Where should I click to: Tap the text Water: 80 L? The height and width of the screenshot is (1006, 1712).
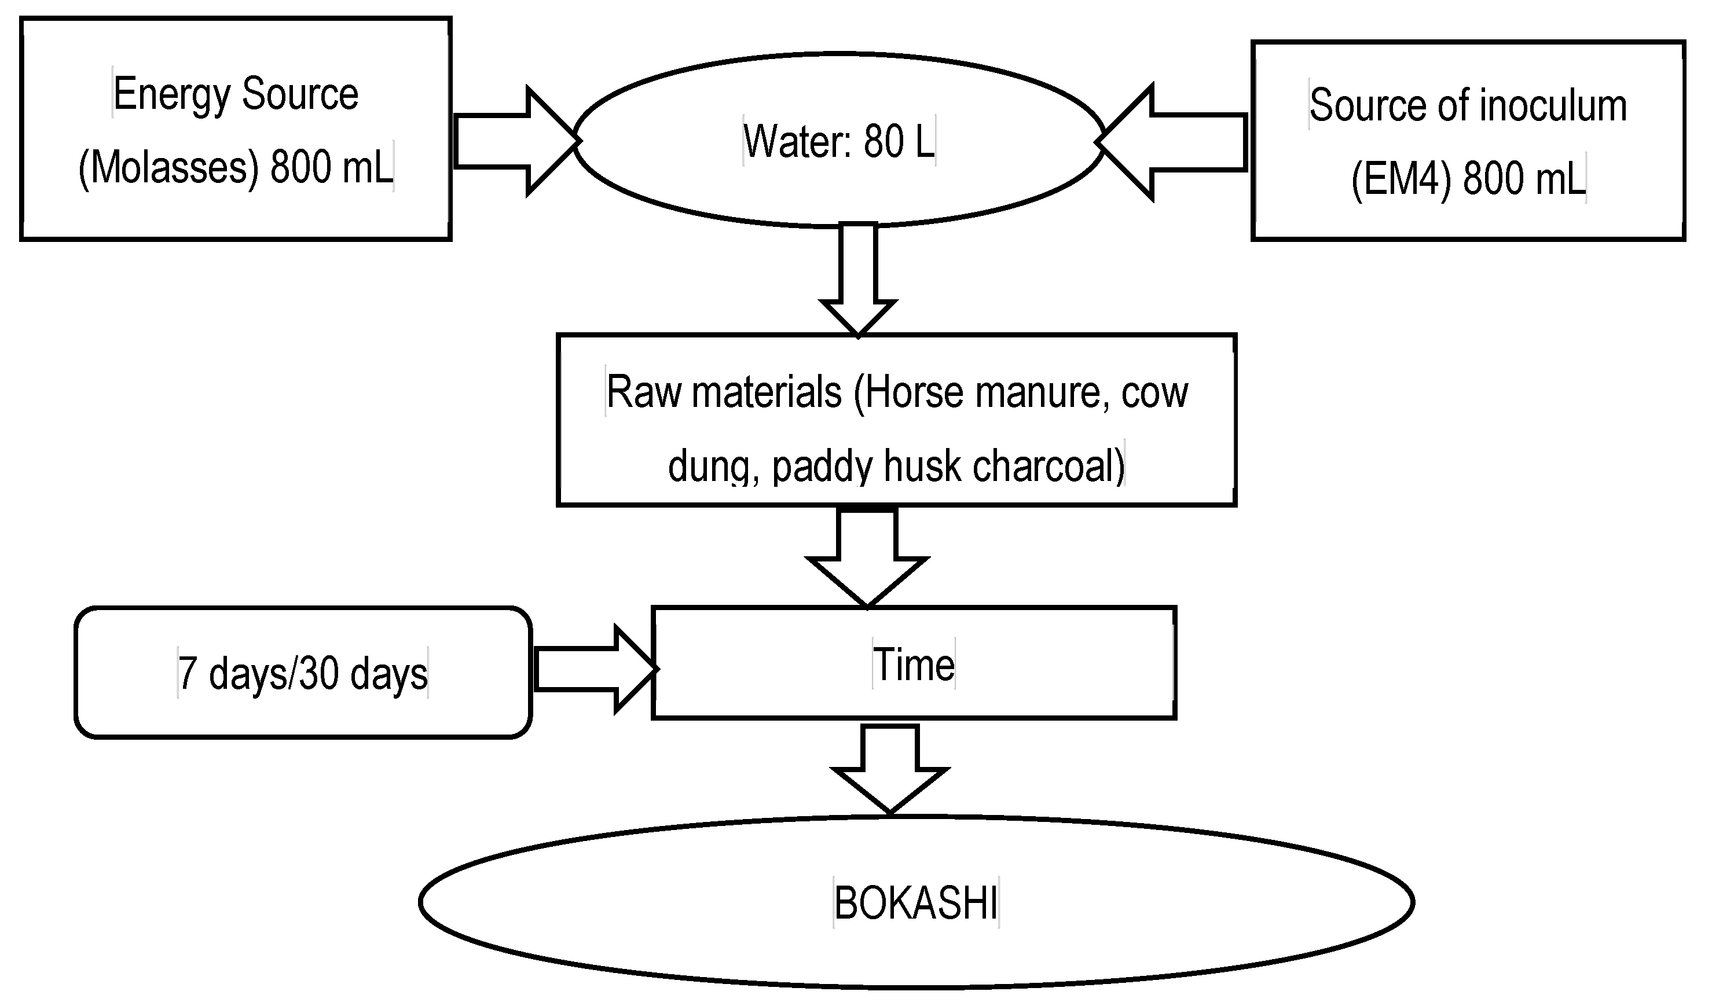click(839, 142)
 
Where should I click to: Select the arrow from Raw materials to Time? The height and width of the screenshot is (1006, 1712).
click(867, 553)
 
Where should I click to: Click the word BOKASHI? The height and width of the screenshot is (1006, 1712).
click(916, 904)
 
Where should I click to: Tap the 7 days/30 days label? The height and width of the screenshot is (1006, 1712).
click(303, 674)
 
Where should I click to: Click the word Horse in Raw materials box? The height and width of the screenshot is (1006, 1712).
click(914, 393)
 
